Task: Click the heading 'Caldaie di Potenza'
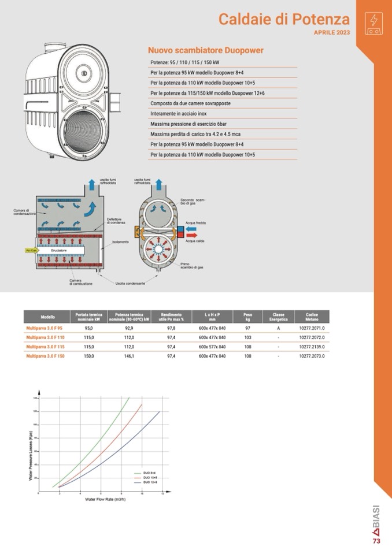[284, 19]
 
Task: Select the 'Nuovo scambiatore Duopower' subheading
[205, 50]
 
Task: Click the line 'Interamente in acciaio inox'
[179, 114]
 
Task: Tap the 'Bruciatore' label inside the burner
[58, 250]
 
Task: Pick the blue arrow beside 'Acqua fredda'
[190, 229]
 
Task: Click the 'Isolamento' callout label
[120, 241]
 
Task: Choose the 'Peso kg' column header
[247, 317]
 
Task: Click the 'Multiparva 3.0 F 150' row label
[45, 356]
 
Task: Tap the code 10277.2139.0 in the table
[312, 347]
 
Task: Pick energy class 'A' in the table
[278, 328]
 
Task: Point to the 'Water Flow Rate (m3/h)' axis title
[105, 499]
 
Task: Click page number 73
[376, 541]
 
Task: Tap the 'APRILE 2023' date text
[332, 32]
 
